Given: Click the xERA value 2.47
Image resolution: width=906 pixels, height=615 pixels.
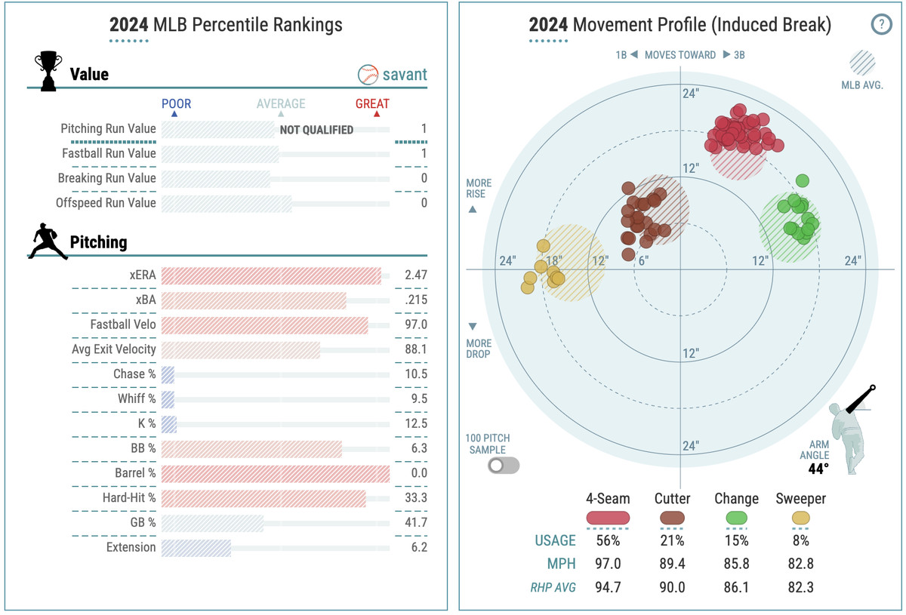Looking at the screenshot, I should point(416,275).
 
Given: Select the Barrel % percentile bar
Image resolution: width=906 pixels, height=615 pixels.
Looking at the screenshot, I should point(275,474).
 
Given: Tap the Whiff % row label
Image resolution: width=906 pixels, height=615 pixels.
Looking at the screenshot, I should point(137,399).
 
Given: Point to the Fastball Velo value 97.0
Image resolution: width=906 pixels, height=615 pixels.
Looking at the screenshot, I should point(416,325).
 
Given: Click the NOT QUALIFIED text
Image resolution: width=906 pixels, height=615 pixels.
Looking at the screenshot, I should point(316,130).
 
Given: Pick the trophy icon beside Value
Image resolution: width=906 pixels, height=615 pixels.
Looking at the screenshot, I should point(48,72).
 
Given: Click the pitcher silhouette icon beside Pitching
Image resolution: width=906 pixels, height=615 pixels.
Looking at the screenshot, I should point(48,241).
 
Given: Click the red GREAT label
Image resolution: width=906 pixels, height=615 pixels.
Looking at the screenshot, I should point(372,104).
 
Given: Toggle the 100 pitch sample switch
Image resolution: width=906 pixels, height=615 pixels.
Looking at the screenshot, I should point(504,466).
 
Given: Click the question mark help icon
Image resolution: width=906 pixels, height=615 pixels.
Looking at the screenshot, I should point(881,25).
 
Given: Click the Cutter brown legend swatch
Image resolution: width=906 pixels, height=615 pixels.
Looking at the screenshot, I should point(672,518).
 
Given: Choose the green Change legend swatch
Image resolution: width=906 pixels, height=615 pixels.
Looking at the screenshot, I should point(736,518).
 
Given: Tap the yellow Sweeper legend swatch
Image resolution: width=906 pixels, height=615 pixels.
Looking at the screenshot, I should point(800,518).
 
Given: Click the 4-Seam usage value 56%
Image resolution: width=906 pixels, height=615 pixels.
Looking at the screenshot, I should point(608,540).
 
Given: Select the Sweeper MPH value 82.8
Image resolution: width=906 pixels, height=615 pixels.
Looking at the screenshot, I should point(800,564).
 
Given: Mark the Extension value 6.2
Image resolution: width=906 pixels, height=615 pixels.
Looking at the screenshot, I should point(416,548).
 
